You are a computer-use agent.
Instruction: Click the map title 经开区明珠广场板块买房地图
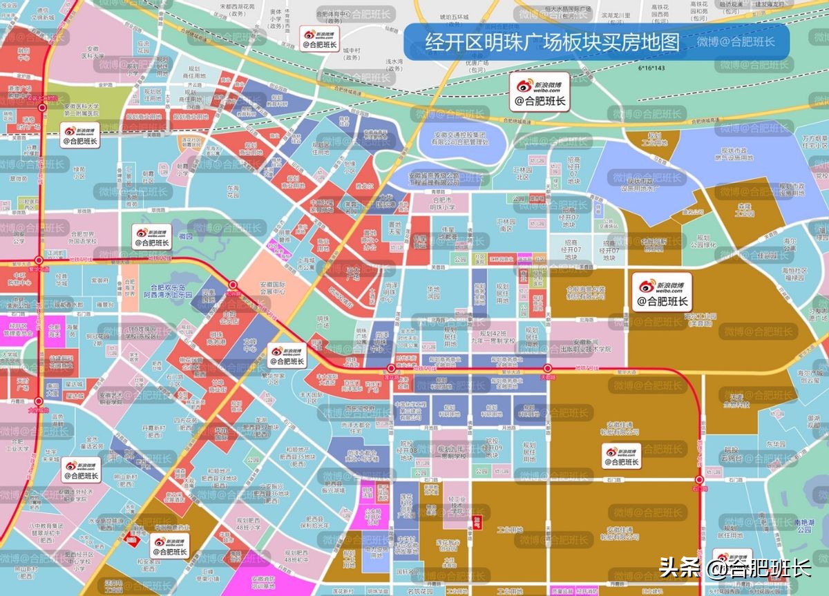[551, 42]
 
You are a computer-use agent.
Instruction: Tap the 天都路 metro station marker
[548, 369]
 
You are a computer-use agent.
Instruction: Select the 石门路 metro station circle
[700, 479]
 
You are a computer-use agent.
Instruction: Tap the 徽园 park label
[185, 236]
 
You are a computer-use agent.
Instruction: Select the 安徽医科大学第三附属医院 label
[82, 110]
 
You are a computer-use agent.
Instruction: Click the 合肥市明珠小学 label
[442, 202]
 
